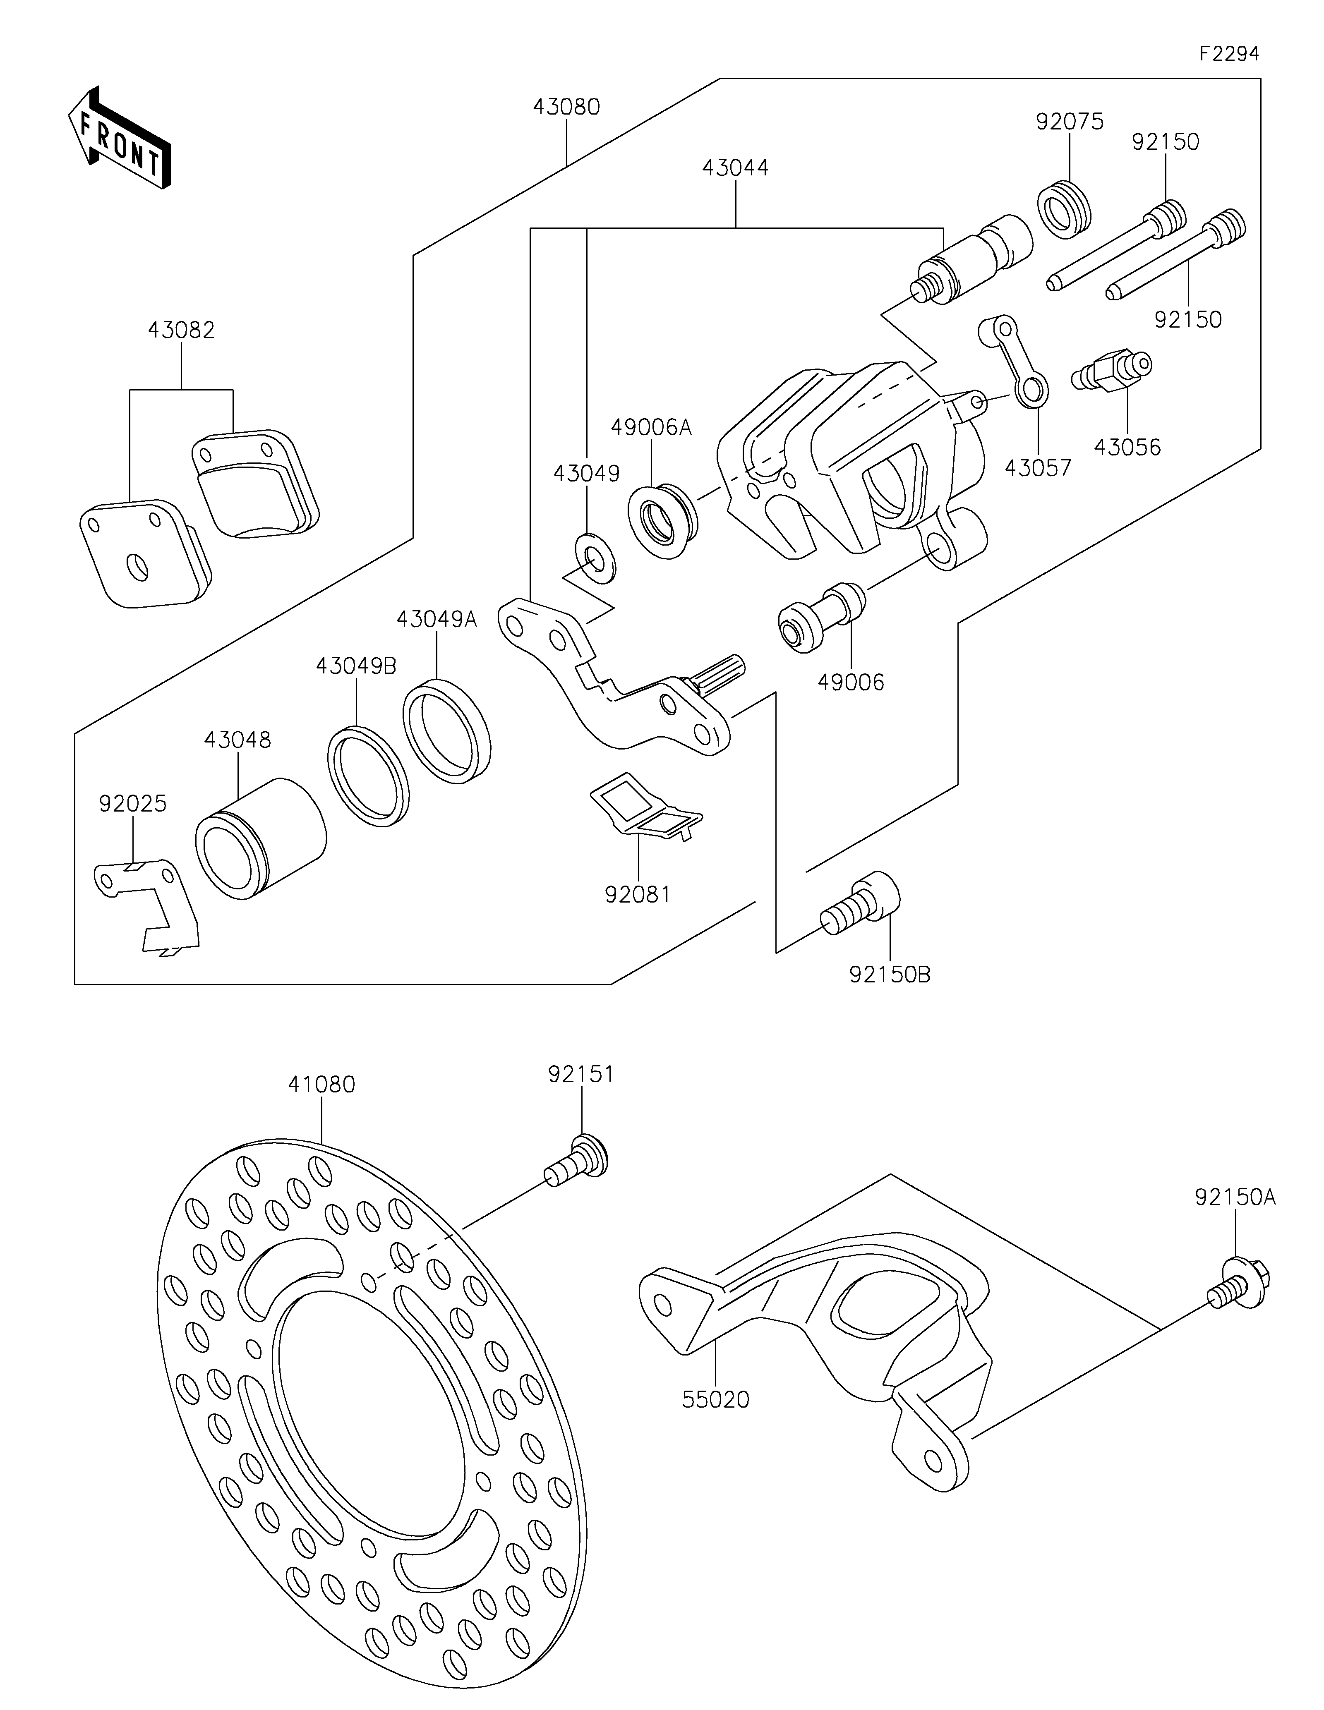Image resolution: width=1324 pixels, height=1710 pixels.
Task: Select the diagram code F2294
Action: [1228, 54]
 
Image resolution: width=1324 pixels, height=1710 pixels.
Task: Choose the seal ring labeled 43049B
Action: [368, 777]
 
